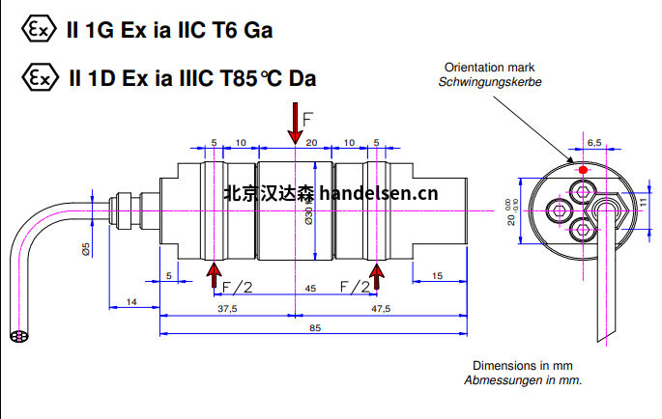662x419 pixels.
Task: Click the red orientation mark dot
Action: coord(583,170)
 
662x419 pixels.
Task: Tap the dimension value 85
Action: coord(315,328)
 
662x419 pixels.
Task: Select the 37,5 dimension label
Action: coord(227,309)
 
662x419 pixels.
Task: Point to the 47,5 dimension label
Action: coord(381,309)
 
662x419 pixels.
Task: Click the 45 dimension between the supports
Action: coord(310,289)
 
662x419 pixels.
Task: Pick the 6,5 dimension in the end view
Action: coord(594,143)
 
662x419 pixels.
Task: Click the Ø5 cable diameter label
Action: coord(86,249)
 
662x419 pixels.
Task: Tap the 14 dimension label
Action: coord(131,302)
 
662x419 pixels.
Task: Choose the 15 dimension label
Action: coord(438,276)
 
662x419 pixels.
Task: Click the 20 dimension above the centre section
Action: coord(311,143)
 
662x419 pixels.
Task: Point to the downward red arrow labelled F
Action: coord(295,124)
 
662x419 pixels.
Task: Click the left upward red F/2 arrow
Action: coord(214,275)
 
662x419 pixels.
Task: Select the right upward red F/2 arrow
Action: coord(376,276)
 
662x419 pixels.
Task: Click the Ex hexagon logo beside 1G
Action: coord(39,29)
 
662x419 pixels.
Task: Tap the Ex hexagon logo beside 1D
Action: coord(41,77)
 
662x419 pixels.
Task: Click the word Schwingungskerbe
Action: coord(490,82)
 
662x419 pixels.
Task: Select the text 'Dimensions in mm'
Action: coord(523,365)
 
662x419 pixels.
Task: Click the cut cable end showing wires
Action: coord(19,336)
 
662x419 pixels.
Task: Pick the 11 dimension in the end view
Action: coord(643,202)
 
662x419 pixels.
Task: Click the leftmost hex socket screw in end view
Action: coord(560,210)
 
